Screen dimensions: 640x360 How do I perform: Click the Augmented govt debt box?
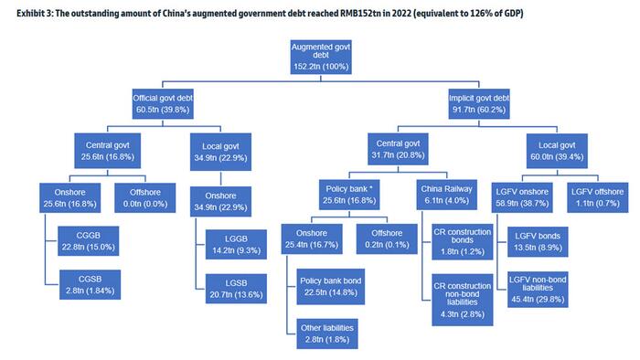(x=321, y=57)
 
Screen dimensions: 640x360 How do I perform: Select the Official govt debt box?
(x=163, y=104)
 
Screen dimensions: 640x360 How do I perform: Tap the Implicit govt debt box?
(x=479, y=104)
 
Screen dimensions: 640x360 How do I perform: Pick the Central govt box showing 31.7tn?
(x=398, y=149)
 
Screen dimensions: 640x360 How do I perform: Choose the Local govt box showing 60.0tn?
(x=557, y=151)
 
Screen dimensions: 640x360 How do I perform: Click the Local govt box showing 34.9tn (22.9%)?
(x=221, y=152)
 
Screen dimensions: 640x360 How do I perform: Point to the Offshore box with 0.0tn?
(x=145, y=197)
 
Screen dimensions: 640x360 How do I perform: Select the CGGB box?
(x=88, y=241)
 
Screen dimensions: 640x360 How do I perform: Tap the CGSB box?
(x=90, y=284)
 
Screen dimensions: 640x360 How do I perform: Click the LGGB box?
(x=236, y=245)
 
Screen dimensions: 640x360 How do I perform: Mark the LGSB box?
(x=236, y=289)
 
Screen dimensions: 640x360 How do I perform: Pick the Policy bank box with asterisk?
(x=349, y=195)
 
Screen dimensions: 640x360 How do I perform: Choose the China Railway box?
(x=446, y=195)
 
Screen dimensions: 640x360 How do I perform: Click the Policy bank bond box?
(x=331, y=287)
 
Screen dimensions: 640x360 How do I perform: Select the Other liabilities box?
(x=327, y=334)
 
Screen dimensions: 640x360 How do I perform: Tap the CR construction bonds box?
(x=463, y=241)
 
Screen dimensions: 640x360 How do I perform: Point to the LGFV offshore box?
(x=598, y=197)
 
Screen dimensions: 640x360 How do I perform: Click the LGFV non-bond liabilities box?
(x=538, y=290)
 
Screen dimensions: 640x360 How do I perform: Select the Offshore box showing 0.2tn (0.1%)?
(x=387, y=238)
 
